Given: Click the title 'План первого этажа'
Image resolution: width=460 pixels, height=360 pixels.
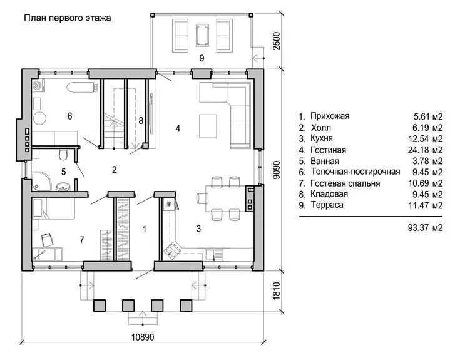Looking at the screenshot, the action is [67, 18].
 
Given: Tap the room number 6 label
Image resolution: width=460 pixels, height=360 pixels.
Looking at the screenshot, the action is [70, 116].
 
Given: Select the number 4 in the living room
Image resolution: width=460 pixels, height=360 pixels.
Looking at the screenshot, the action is [178, 128].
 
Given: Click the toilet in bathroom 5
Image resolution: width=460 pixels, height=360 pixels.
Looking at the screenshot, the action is [63, 155].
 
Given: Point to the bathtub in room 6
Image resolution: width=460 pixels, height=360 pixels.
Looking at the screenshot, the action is [82, 87].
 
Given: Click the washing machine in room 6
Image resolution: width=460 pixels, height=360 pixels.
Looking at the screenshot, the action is [38, 85].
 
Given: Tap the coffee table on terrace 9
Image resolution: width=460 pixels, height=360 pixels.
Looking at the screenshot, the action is [202, 36].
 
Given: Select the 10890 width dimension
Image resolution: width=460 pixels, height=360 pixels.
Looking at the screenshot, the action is [142, 337].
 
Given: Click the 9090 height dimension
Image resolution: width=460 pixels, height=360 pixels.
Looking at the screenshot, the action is [277, 170].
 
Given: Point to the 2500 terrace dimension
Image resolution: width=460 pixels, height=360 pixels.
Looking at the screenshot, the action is [277, 41].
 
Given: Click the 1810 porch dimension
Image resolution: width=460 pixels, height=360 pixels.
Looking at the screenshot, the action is [277, 291].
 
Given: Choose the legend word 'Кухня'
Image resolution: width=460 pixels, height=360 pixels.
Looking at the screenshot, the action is [322, 138].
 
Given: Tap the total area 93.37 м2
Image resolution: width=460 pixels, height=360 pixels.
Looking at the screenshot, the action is [425, 227].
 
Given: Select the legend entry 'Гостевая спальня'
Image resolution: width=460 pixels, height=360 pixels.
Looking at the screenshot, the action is [345, 183].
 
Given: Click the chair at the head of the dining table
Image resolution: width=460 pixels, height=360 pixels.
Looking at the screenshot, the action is [202, 198].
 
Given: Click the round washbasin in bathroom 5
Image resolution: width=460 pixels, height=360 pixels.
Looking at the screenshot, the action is [62, 187].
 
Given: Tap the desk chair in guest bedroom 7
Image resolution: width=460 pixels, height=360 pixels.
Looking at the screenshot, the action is [48, 240].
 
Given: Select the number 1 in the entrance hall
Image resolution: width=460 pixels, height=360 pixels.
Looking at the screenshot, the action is [144, 229].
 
